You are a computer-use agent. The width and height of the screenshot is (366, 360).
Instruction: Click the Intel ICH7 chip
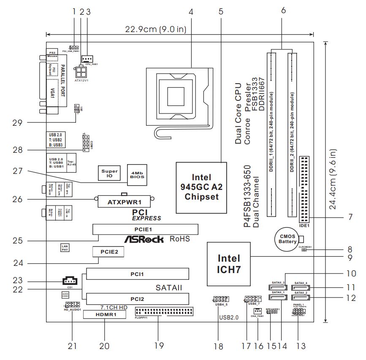(229, 263)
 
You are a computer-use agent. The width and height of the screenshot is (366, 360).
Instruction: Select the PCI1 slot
(137, 275)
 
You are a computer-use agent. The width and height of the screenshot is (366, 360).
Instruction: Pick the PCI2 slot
(137, 299)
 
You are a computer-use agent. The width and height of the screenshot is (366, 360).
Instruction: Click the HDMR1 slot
(104, 315)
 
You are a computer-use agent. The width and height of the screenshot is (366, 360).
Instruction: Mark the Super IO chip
(108, 173)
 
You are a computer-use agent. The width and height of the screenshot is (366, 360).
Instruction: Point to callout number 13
(300, 346)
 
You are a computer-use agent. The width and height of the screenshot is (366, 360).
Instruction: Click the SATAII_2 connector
(301, 297)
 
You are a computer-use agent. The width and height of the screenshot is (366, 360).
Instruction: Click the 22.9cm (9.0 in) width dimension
(155, 30)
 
